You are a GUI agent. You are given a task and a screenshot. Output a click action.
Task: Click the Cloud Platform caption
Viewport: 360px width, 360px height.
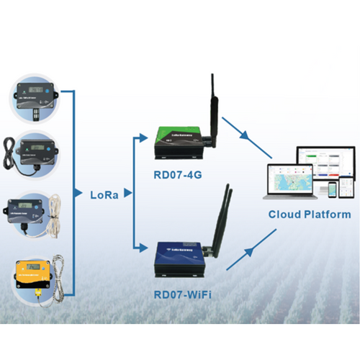coord(310,214)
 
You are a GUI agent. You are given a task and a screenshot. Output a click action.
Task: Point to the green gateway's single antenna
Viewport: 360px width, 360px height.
coord(213,108)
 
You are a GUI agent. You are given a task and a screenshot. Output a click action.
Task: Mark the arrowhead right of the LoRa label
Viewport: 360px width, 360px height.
coord(127,193)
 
